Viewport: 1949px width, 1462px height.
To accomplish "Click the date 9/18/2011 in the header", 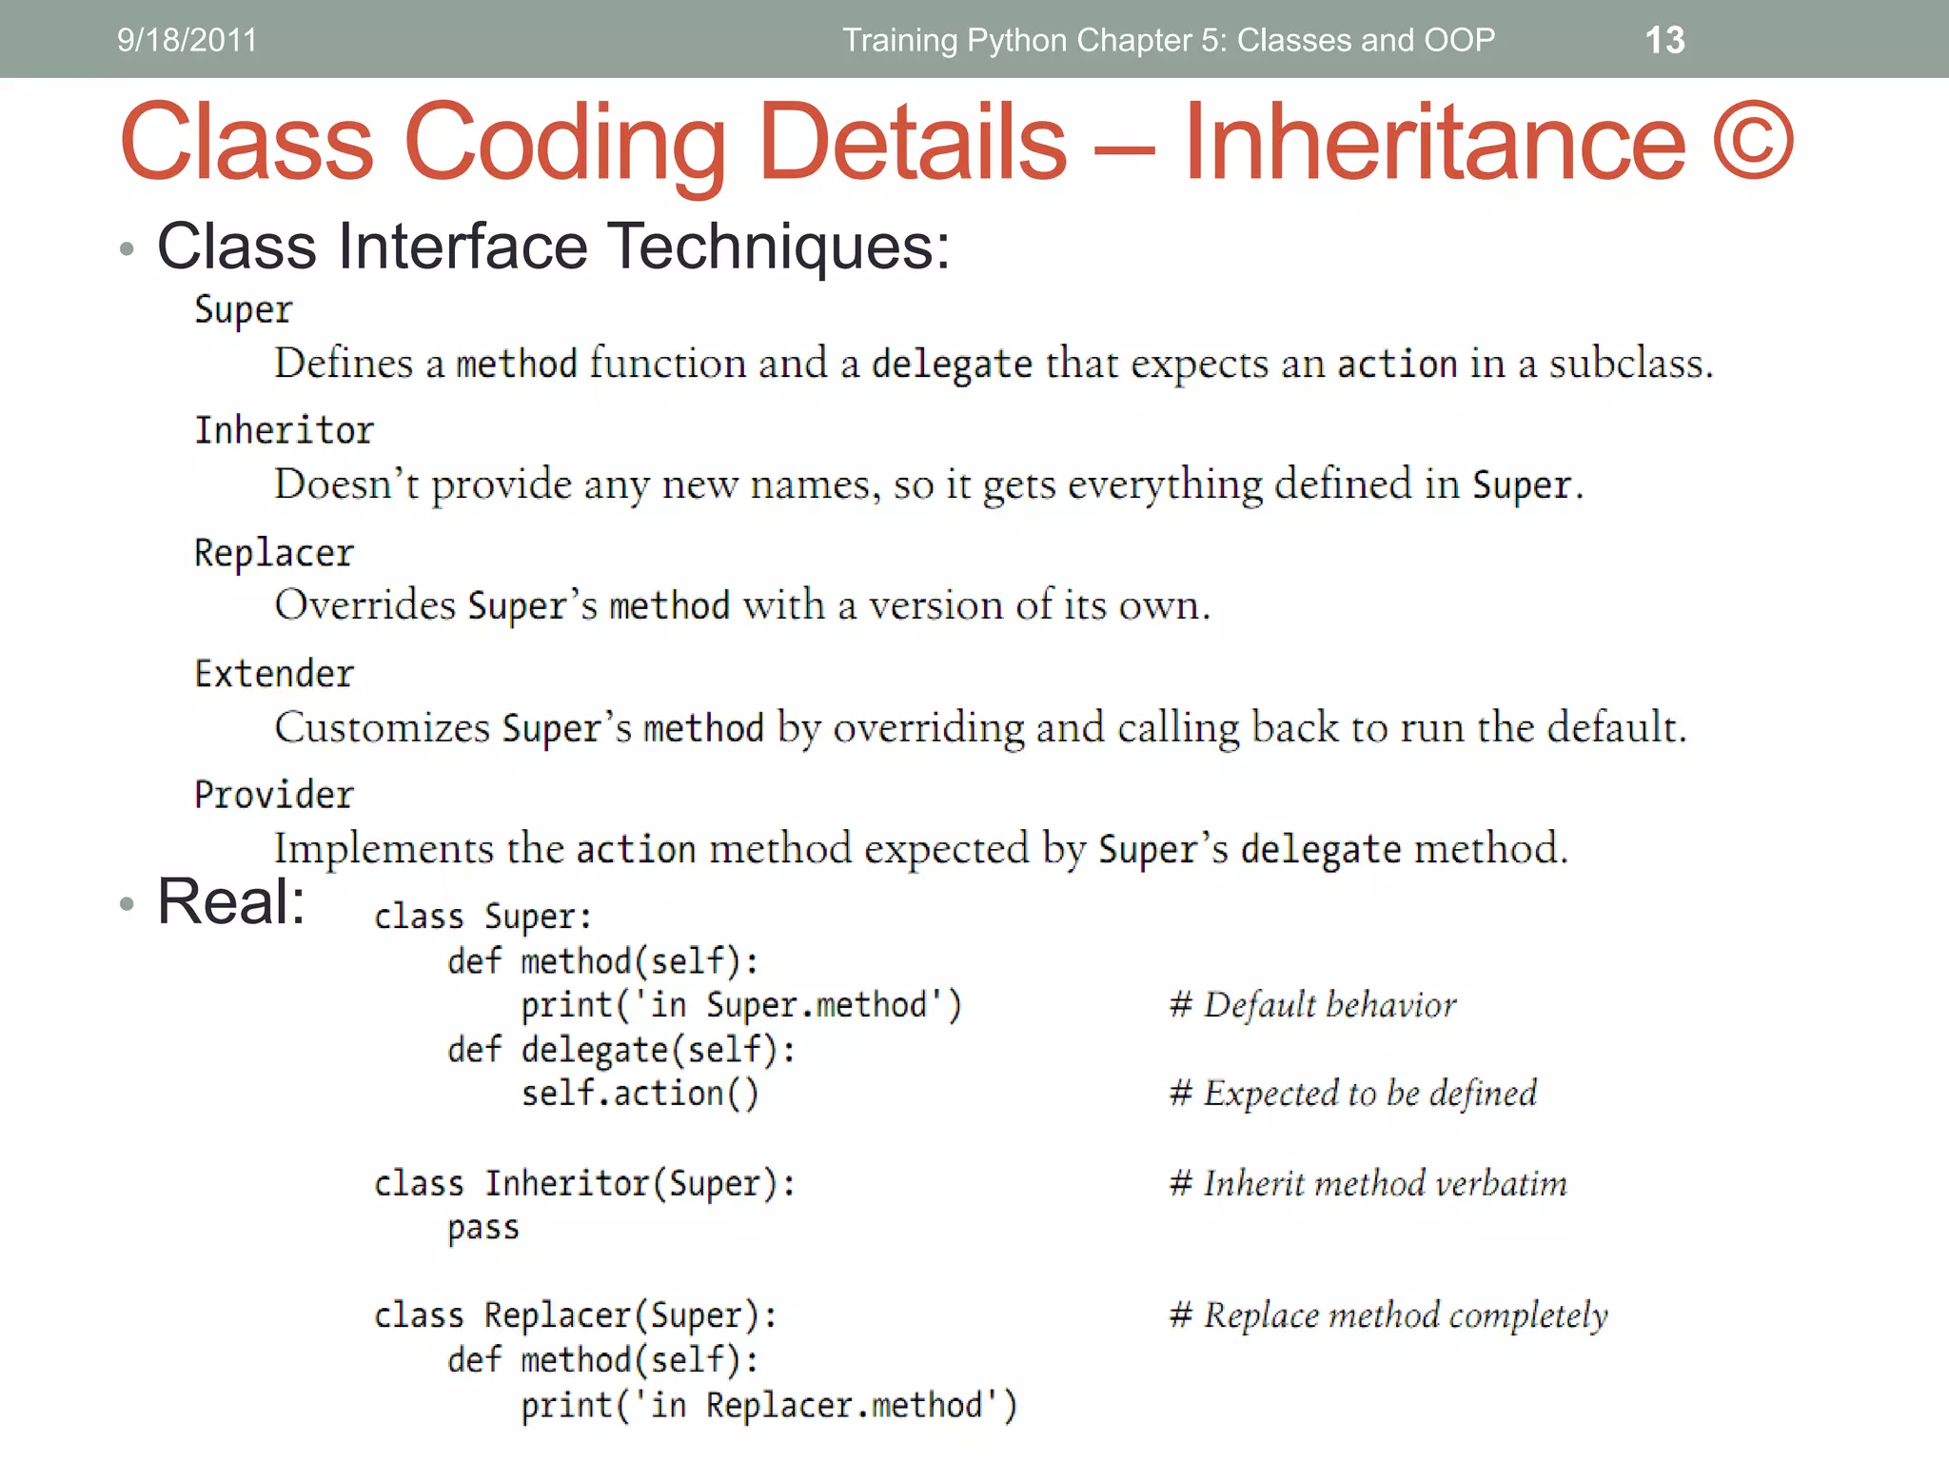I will pos(187,40).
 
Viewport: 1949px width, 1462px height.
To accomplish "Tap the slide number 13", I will pos(1664,40).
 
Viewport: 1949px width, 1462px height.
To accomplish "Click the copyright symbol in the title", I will pos(1753,141).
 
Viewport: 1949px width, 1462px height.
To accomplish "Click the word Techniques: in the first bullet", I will pos(778,247).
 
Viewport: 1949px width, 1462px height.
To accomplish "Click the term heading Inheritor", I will pos(284,430).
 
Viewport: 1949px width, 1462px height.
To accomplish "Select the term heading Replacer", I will pos(274,553).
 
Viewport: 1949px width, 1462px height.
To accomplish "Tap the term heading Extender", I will pos(274,674).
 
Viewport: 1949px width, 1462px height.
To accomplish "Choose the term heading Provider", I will pos(274,795).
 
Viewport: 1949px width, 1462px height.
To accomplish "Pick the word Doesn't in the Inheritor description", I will pos(346,484).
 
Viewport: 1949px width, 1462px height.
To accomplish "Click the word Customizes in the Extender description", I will pos(382,728).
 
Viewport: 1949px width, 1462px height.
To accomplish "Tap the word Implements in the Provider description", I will pos(384,849).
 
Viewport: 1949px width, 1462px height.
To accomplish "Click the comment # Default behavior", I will pos(1313,1005).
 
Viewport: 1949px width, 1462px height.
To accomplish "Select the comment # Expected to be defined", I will pos(1353,1094).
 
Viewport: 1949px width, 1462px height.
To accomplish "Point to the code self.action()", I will pos(640,1094).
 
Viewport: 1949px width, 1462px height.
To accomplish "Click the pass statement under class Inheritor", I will pos(483,1228).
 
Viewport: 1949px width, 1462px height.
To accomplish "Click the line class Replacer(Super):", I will pos(575,1315).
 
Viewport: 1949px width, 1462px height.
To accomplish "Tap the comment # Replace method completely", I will pos(1388,1315).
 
